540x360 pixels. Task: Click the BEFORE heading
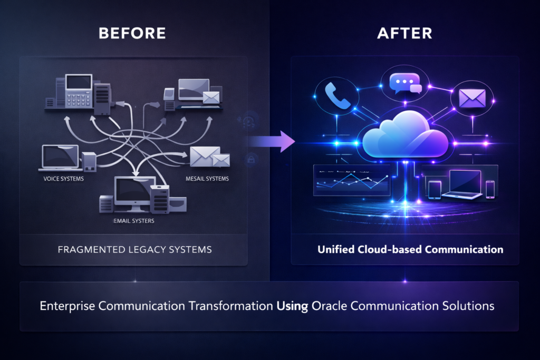(132, 33)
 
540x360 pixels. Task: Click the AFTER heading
(405, 33)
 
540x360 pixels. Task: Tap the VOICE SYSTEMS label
(64, 179)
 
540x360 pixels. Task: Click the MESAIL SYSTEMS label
(207, 179)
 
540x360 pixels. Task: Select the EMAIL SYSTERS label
(134, 221)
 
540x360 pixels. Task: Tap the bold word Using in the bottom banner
(293, 305)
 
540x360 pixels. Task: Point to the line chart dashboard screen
(351, 180)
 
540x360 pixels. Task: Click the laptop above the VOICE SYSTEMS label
(59, 157)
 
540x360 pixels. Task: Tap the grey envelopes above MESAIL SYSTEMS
(208, 157)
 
